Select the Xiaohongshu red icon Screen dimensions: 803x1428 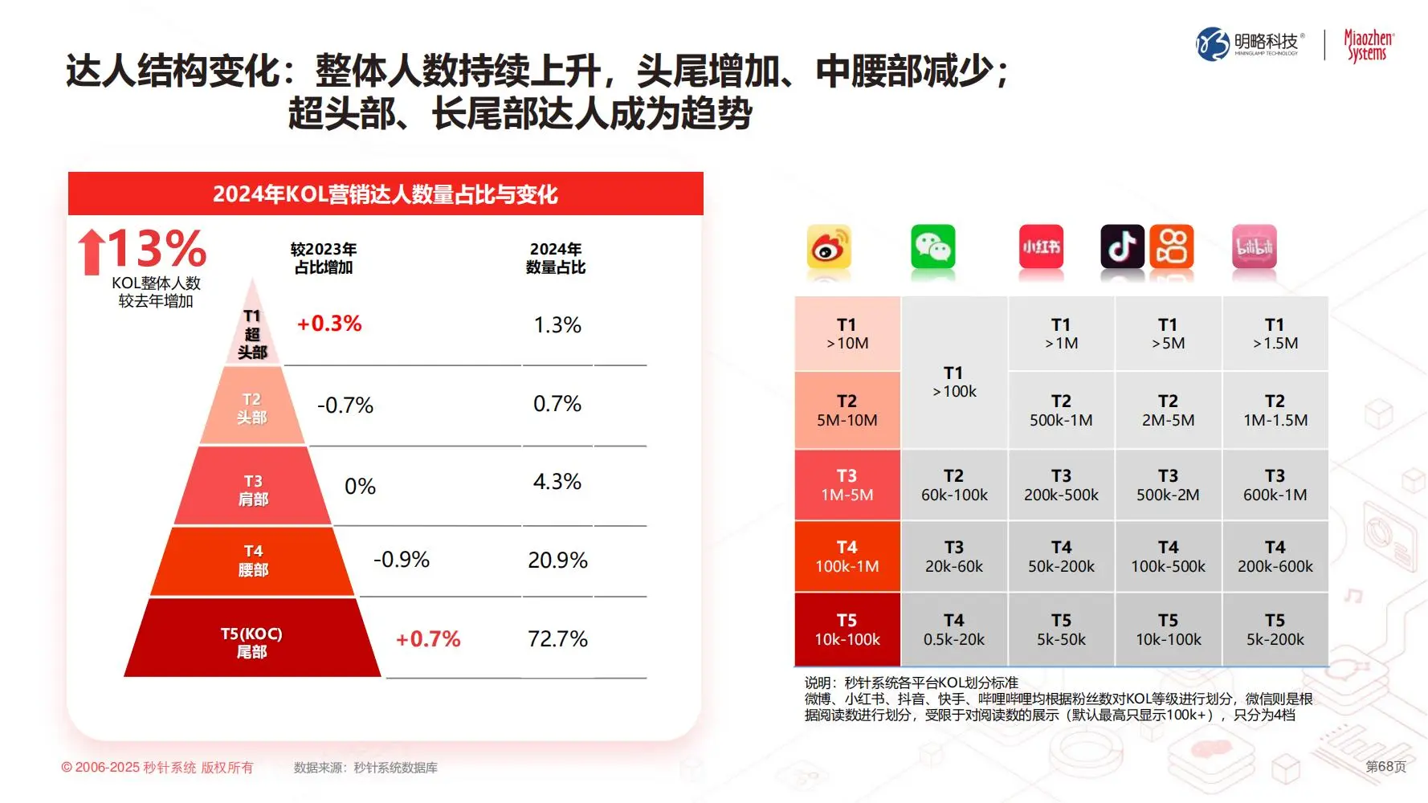click(1041, 247)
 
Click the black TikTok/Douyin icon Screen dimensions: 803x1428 click(1122, 247)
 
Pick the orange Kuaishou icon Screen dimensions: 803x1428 click(1172, 247)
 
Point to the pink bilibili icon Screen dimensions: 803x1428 click(1254, 247)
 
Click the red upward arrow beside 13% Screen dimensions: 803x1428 click(92, 251)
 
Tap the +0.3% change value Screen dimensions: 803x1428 click(329, 324)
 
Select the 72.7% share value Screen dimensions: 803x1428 click(557, 639)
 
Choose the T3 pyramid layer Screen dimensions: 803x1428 click(253, 489)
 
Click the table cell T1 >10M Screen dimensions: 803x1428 click(847, 333)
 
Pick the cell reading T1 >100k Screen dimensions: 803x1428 click(954, 381)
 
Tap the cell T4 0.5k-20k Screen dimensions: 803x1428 click(954, 630)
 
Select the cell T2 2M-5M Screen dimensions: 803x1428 click(1168, 410)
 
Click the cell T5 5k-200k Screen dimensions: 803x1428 click(1275, 630)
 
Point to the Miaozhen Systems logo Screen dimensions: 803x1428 click(1369, 46)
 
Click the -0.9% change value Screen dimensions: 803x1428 click(402, 560)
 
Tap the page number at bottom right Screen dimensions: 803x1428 click(1385, 767)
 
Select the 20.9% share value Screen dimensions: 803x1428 click(557, 560)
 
